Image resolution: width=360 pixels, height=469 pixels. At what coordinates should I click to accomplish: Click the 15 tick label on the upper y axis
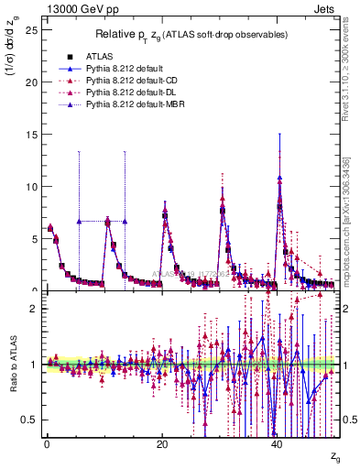pos(31,135)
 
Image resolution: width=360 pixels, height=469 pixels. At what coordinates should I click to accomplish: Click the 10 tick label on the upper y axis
pos(31,187)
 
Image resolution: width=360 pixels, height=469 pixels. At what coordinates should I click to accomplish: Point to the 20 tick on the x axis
pos(161,443)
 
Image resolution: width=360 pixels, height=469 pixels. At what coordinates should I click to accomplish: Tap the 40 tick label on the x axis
pos(277,443)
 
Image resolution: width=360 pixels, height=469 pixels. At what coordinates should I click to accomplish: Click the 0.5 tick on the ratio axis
pos(28,420)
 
